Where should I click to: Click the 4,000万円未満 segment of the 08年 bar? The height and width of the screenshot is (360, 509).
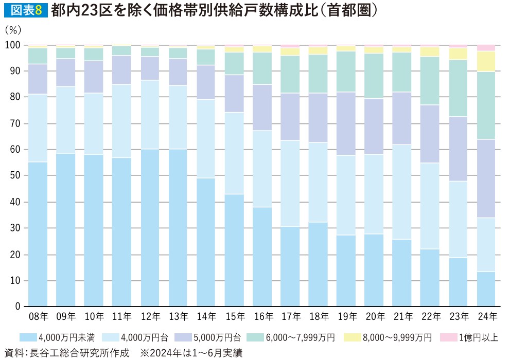coord(38,234)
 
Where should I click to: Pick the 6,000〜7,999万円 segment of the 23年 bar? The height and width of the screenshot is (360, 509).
coord(458,88)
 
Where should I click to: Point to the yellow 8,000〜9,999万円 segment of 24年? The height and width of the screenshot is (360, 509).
coord(486,61)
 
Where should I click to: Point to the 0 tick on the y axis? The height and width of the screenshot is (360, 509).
coord(19,307)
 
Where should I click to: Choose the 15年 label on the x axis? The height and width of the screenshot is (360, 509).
coord(234,316)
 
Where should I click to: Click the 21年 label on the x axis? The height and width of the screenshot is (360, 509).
coord(402,316)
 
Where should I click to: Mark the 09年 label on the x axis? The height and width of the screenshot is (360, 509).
coord(65,316)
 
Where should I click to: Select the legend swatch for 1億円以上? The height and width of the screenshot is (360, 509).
coord(447,337)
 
